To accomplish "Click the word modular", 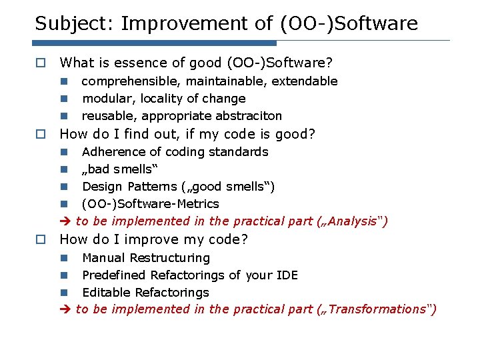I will [107, 99].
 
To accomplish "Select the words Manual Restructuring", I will [145, 258].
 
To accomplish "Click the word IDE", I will [285, 275].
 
